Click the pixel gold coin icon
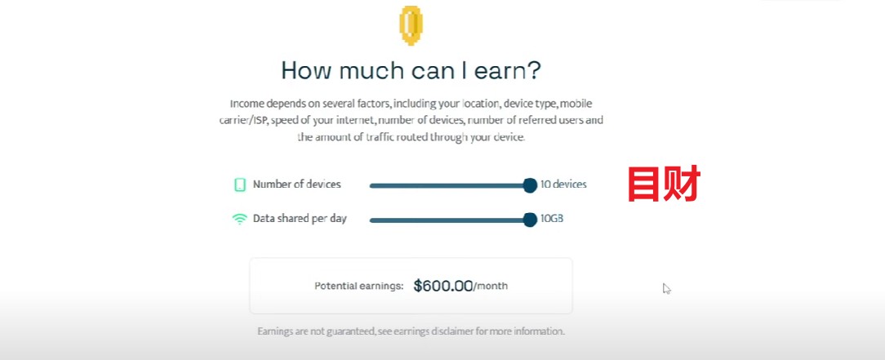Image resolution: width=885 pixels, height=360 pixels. point(411,25)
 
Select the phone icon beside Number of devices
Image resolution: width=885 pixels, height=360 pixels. point(240,184)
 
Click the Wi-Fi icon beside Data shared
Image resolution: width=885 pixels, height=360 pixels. point(240,219)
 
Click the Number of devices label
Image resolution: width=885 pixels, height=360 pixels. point(297,184)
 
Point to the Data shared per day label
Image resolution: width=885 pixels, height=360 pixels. point(300,219)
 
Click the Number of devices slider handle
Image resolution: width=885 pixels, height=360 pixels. point(530,185)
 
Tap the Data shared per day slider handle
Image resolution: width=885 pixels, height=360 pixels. point(530,220)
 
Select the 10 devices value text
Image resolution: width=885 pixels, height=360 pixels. point(563,184)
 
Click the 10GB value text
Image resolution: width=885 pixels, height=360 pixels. point(551,219)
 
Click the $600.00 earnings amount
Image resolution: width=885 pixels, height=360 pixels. point(443,286)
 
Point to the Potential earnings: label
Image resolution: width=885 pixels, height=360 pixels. point(359,286)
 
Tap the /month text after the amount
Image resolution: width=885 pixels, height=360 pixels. point(491,287)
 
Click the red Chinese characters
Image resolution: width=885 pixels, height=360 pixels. point(664,184)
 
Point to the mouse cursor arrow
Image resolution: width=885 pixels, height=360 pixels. point(666,288)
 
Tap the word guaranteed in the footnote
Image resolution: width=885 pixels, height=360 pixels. point(350,331)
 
